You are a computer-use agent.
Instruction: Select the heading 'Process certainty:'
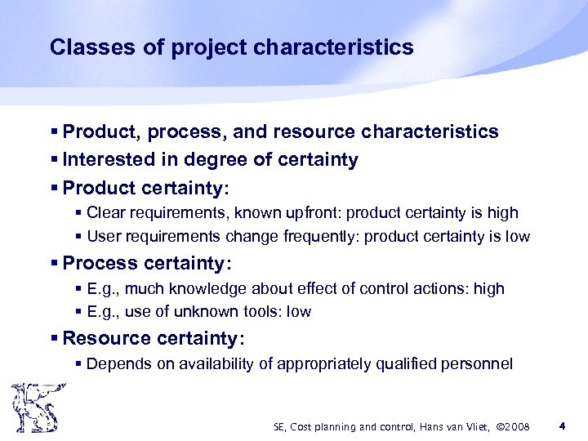pyautogui.click(x=147, y=264)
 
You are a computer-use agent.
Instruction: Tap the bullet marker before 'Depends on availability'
pyautogui.click(x=78, y=364)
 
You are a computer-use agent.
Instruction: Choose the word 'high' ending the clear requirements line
pyautogui.click(x=502, y=213)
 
